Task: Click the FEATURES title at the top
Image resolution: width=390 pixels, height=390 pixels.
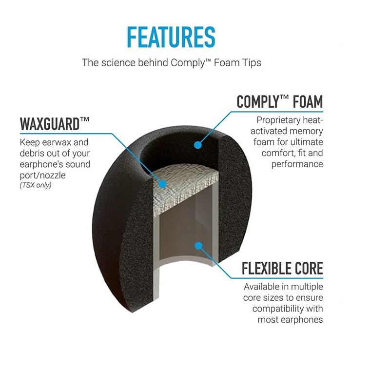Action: click(x=171, y=36)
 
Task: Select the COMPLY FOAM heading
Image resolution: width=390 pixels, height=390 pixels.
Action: click(x=279, y=102)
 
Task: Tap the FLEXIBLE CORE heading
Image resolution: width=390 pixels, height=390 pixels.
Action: click(x=282, y=268)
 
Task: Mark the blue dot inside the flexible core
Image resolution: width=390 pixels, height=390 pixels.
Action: click(x=197, y=245)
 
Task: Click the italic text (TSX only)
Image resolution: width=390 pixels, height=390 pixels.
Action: click(x=36, y=186)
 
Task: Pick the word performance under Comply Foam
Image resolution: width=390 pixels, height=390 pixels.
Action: click(x=298, y=164)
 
